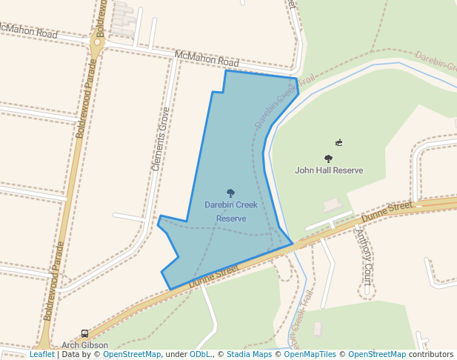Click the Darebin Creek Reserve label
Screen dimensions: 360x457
(x=231, y=211)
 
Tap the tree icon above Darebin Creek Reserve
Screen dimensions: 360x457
(x=230, y=193)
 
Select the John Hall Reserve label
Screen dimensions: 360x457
(x=329, y=170)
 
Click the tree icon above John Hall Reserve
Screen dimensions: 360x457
(x=328, y=159)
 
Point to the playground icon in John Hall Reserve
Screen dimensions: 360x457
(x=338, y=143)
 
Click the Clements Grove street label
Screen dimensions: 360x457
(x=161, y=139)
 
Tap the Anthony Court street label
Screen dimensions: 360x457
(x=364, y=256)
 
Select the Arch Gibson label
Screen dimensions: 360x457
(x=84, y=345)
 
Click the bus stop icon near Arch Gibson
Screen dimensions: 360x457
(x=84, y=334)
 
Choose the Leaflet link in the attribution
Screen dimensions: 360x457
(x=41, y=355)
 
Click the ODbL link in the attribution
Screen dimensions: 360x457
(x=200, y=355)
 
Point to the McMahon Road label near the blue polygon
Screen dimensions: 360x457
(x=207, y=61)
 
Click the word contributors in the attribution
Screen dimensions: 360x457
(x=431, y=355)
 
